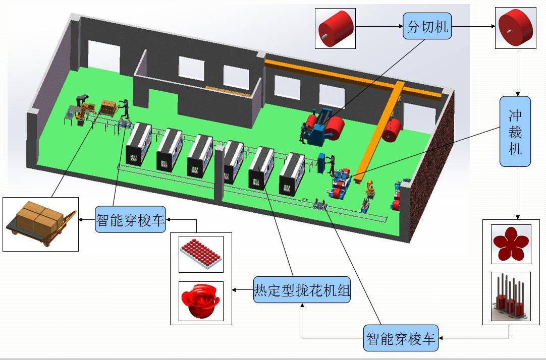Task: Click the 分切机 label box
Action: (427, 26)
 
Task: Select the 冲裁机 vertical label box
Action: (515, 131)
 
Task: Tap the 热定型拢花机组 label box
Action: (302, 290)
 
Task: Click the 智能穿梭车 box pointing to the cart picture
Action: (130, 220)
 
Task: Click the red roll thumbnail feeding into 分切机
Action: (335, 28)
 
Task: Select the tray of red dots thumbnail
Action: (201, 253)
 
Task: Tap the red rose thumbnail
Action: (201, 301)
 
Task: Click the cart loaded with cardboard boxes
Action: (40, 224)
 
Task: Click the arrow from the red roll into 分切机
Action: (379, 26)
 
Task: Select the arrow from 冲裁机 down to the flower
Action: (517, 194)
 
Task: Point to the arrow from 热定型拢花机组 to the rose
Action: (242, 290)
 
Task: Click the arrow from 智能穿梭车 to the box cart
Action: (86, 219)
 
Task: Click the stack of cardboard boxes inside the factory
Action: (108, 106)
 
